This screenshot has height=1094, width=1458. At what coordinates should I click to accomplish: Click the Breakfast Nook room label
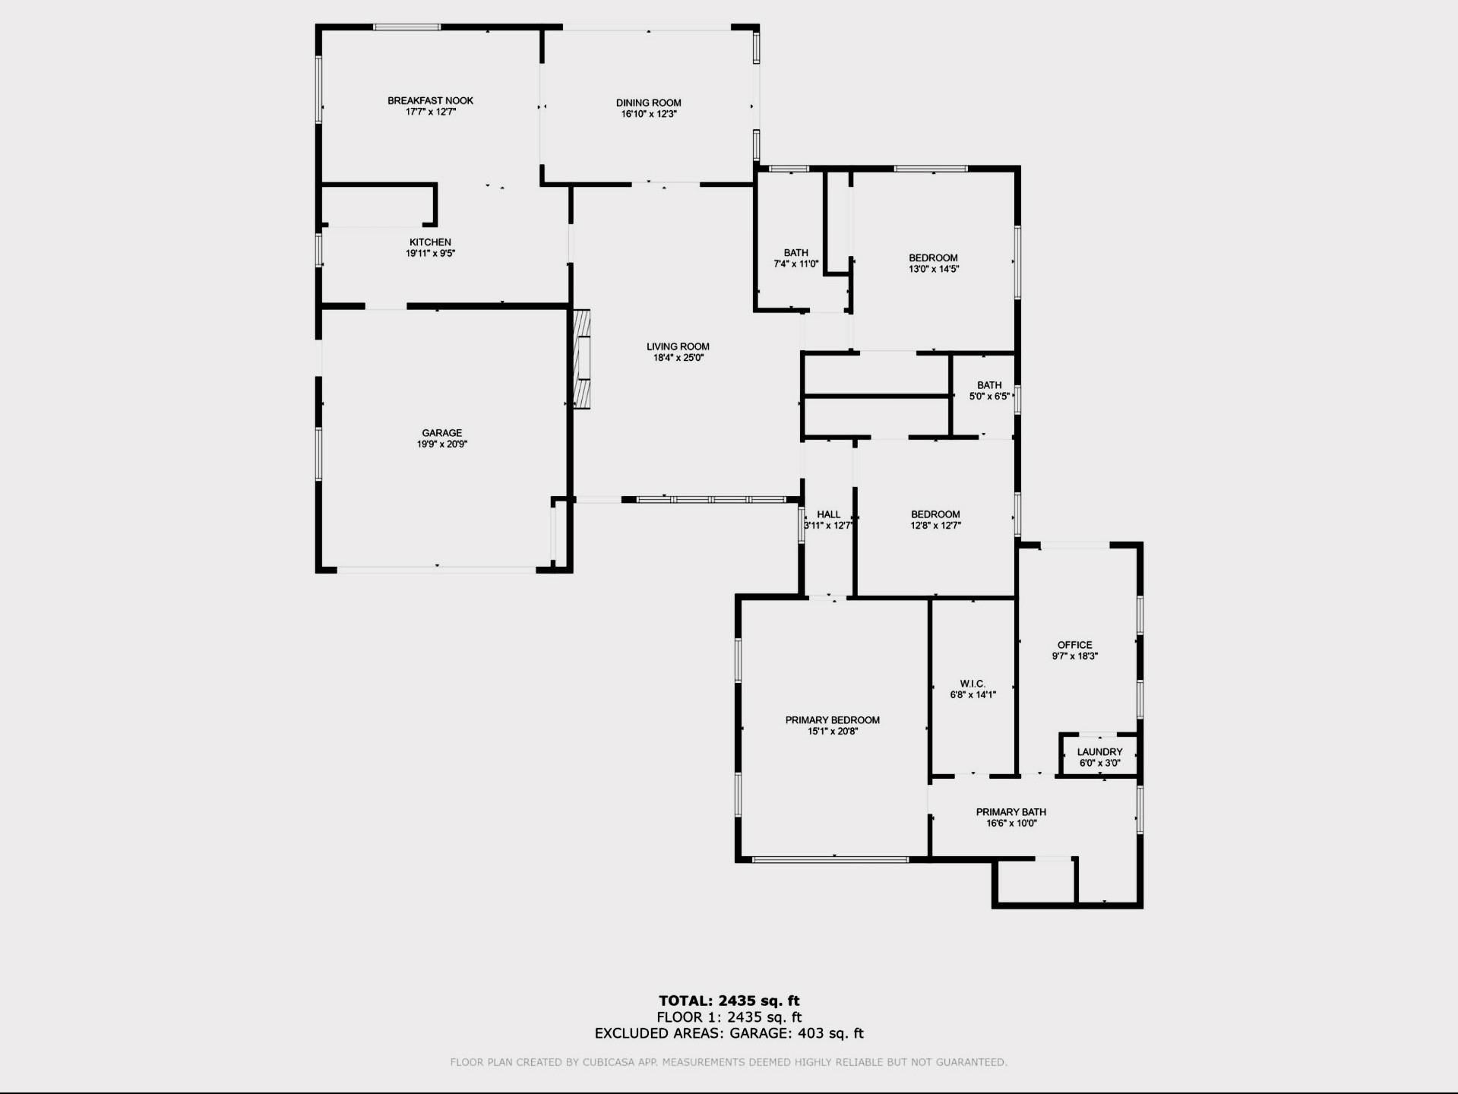point(430,100)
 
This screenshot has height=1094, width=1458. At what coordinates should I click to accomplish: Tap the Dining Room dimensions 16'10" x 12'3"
point(648,114)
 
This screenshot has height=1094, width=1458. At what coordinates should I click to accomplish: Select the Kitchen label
point(430,242)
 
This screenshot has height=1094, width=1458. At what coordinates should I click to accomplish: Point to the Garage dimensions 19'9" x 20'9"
point(441,444)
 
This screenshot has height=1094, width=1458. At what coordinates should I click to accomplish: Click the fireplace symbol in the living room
point(582,359)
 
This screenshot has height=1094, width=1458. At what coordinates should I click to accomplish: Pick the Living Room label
point(678,346)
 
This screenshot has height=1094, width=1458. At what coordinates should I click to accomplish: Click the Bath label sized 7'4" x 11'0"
point(796,253)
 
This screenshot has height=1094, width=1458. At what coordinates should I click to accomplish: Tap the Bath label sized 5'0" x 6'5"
point(989,385)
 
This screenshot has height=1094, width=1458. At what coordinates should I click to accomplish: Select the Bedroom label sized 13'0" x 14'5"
point(933,258)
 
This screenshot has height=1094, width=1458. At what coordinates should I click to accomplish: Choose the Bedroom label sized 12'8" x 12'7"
point(935,514)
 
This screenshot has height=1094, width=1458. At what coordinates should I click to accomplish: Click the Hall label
point(828,514)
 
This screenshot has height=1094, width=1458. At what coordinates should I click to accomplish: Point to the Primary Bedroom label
point(833,720)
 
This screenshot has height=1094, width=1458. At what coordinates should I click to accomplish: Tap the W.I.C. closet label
point(973,684)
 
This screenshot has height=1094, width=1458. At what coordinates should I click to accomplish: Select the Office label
point(1074,645)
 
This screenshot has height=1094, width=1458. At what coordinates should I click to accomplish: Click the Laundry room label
point(1099,752)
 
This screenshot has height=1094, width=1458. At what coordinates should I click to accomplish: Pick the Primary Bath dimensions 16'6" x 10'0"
point(1010,823)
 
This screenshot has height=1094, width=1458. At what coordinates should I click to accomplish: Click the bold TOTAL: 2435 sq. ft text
point(729,1001)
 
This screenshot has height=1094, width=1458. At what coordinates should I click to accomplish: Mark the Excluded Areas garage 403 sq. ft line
point(729,1033)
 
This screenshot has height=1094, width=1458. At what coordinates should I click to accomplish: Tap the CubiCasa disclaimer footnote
point(729,1062)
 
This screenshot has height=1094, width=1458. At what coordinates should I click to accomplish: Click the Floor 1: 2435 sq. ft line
point(729,1017)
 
